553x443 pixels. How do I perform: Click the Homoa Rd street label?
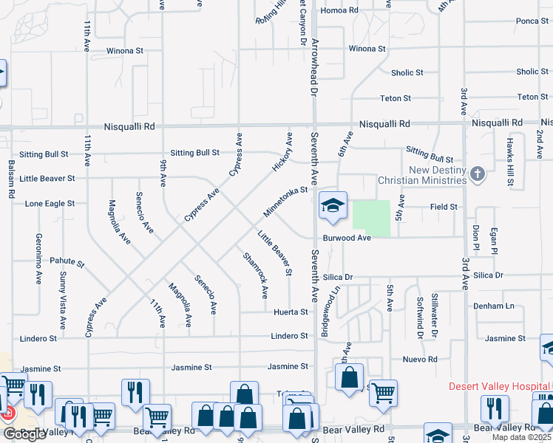340,10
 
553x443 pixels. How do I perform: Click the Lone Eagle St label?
50,203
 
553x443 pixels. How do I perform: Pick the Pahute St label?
67,262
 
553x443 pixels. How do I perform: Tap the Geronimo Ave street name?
38,259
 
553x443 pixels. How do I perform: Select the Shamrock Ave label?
255,275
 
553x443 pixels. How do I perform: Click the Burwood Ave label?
347,238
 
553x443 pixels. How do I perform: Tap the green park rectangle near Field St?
371,219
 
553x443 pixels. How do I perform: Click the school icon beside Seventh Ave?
333,205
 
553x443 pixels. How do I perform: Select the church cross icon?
478,175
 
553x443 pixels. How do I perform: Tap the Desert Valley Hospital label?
500,386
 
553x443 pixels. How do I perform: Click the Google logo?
24,434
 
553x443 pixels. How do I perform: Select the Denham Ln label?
495,306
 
